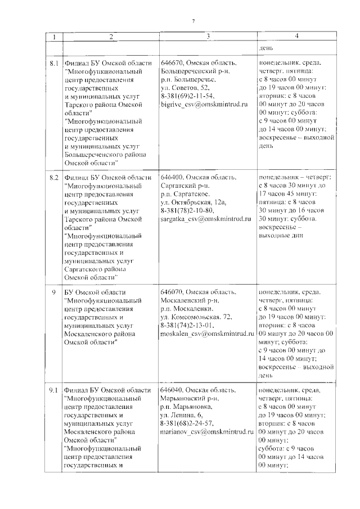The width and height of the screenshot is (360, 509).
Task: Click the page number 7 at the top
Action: [x=193, y=21]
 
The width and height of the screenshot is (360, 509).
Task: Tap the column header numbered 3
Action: [x=208, y=37]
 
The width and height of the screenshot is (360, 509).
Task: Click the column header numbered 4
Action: [x=296, y=37]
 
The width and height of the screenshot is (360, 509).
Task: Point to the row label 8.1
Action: [x=55, y=64]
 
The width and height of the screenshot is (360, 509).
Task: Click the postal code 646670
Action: [x=172, y=64]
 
